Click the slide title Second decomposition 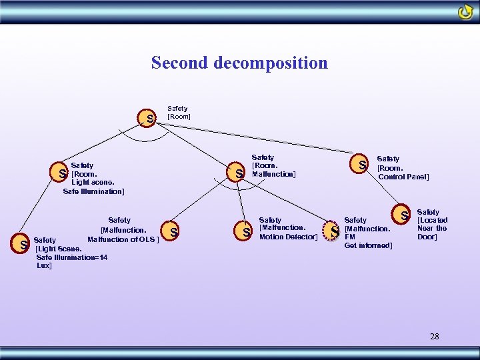click(239, 63)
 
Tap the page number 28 click(435, 336)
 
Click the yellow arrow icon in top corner click(465, 13)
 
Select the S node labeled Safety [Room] click(151, 119)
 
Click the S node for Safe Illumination click(62, 173)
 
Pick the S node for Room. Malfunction click(239, 173)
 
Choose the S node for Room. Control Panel click(362, 164)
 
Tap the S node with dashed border click(335, 231)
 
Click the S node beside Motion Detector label click(246, 232)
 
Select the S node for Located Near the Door click(404, 215)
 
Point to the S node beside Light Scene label click(23, 245)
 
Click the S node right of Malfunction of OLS click(173, 232)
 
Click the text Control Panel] click(403, 177)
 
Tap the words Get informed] click(368, 245)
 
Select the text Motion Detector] click(288, 237)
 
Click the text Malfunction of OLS click(121, 239)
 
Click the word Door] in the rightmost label click(427, 237)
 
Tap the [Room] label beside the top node click(179, 117)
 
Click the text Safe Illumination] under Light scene click(93, 191)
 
